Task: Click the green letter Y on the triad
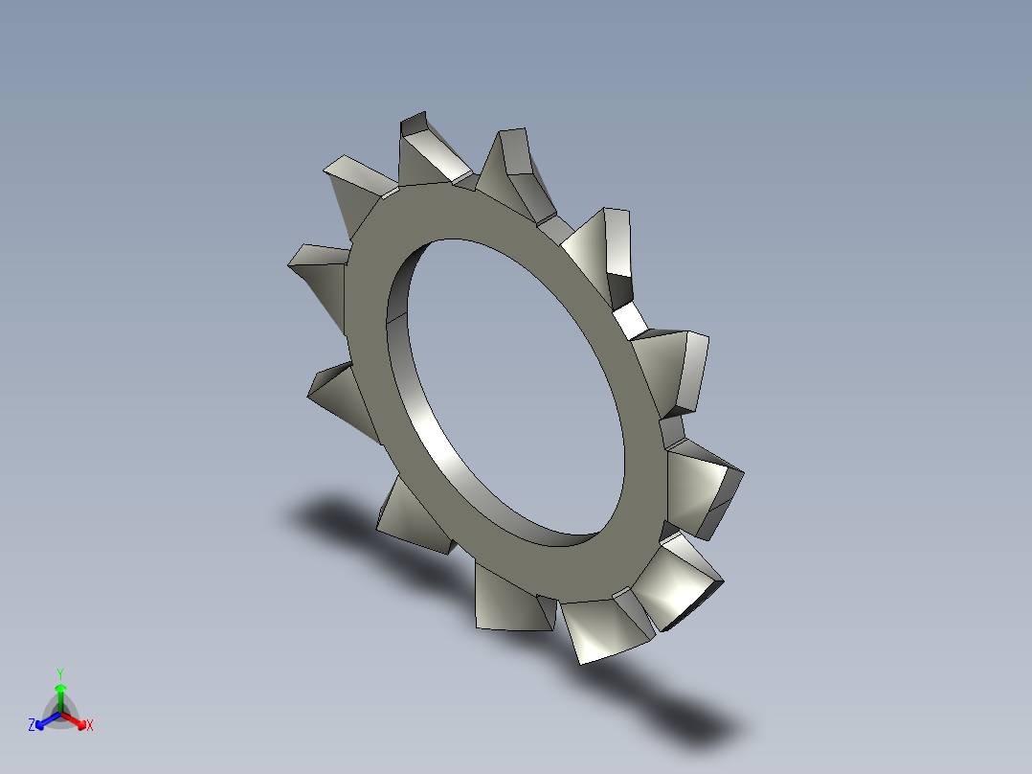59,672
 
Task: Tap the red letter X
90,726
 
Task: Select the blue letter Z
32,726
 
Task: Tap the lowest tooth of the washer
603,627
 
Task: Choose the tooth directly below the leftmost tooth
340,393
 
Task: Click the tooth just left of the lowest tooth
507,599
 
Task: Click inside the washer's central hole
517,383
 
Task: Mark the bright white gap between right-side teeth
630,319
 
